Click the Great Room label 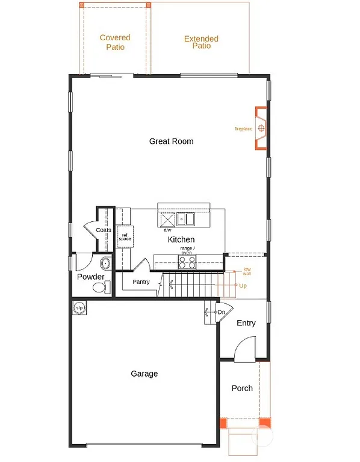pyautogui.click(x=172, y=141)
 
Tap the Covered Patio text pyautogui.click(x=115, y=42)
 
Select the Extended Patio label pyautogui.click(x=201, y=42)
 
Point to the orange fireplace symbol pyautogui.click(x=261, y=128)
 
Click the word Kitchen pyautogui.click(x=181, y=239)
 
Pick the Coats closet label pyautogui.click(x=103, y=230)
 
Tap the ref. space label pyautogui.click(x=125, y=237)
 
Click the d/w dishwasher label pyautogui.click(x=167, y=230)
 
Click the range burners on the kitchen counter pyautogui.click(x=187, y=261)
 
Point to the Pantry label pyautogui.click(x=141, y=282)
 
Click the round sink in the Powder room pyautogui.click(x=106, y=263)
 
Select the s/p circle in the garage pyautogui.click(x=79, y=307)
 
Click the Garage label pyautogui.click(x=144, y=374)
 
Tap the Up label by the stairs pyautogui.click(x=243, y=285)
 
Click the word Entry pyautogui.click(x=246, y=323)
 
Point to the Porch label pyautogui.click(x=242, y=388)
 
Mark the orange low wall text pyautogui.click(x=247, y=271)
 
